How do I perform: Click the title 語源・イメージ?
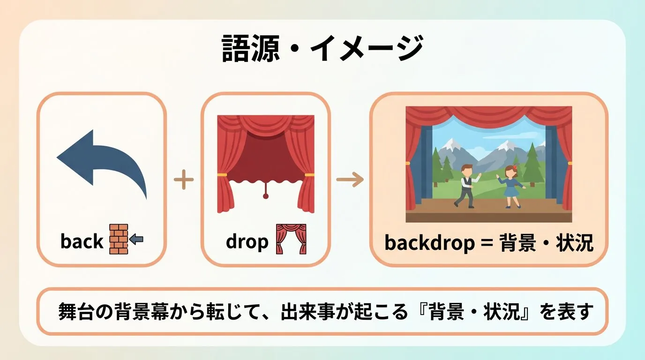pyautogui.click(x=322, y=48)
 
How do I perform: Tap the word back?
pyautogui.click(x=82, y=241)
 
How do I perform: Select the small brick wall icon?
pyautogui.click(x=118, y=239)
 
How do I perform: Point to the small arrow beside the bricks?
pyautogui.click(x=136, y=239)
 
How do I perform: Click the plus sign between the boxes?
pyautogui.click(x=184, y=180)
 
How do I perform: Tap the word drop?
pyautogui.click(x=247, y=242)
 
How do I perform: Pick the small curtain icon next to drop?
pyautogui.click(x=291, y=239)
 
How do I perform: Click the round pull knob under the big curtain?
pyautogui.click(x=265, y=196)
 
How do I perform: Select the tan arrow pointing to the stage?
pyautogui.click(x=350, y=180)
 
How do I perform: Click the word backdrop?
pyautogui.click(x=430, y=243)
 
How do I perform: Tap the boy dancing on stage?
pyautogui.click(x=467, y=186)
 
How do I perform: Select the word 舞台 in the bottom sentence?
pyautogui.click(x=76, y=311)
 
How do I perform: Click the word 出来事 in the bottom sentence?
pyautogui.click(x=307, y=311)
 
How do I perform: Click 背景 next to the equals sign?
pyautogui.click(x=517, y=242)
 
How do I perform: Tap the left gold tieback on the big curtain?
pyautogui.click(x=222, y=174)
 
